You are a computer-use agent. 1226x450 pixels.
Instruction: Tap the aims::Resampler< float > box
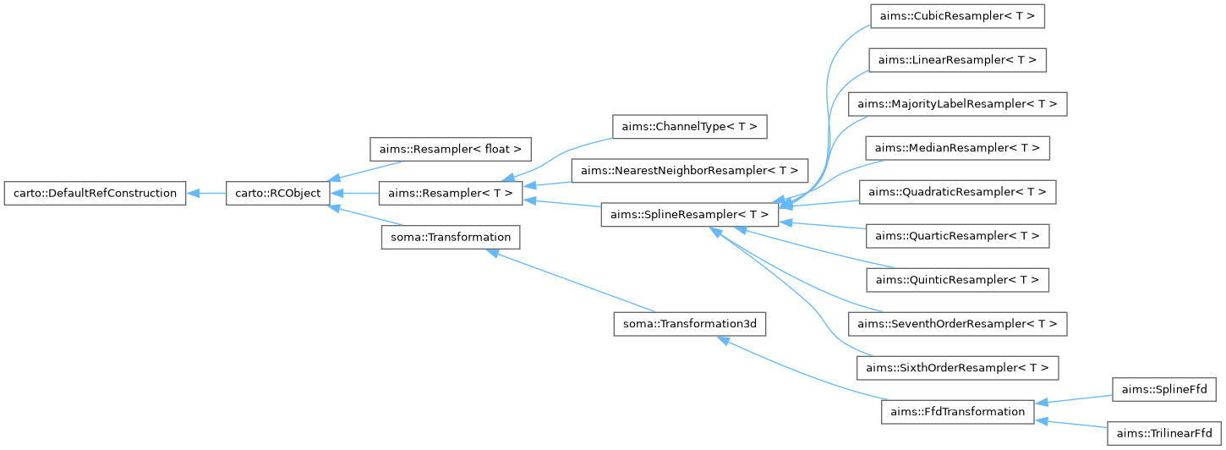point(451,150)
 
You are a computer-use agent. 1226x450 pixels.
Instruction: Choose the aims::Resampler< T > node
point(451,194)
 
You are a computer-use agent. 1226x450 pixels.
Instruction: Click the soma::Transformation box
point(451,237)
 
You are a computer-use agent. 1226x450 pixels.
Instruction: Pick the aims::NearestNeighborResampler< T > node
point(689,171)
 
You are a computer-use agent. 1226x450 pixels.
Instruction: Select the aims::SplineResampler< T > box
point(689,216)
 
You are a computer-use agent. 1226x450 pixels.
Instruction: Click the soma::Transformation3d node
point(689,324)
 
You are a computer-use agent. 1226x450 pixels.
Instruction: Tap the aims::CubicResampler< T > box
point(957,16)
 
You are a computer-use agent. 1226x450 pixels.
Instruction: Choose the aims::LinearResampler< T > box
point(957,60)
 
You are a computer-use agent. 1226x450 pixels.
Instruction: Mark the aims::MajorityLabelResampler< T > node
point(957,104)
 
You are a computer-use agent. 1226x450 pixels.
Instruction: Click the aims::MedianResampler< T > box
point(957,148)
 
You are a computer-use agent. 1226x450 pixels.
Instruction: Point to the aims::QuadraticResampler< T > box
point(957,192)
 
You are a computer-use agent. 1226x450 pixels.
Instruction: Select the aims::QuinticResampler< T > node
point(957,279)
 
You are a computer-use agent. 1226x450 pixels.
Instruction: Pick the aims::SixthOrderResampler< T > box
point(957,367)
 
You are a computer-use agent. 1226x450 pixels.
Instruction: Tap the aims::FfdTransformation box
point(957,412)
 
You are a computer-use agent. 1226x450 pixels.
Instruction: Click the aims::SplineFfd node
point(1163,390)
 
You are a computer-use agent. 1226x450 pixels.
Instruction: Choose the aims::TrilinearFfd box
point(1163,433)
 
